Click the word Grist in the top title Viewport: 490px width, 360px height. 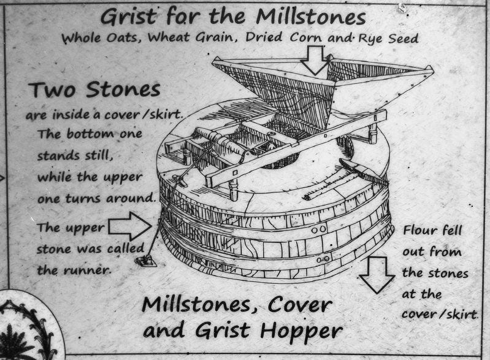[129, 17]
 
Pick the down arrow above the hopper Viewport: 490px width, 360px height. [316, 59]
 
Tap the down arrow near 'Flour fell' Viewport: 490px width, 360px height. [377, 274]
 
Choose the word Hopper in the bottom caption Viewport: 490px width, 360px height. [301, 331]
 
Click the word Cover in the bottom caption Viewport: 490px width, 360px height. [299, 304]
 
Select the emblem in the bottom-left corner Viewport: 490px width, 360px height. [28, 328]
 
